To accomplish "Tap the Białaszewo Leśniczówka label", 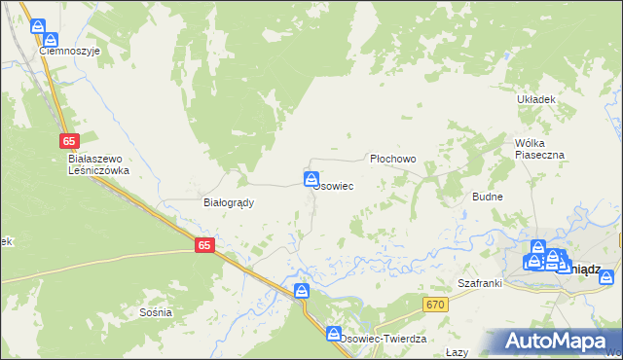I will [x=98, y=163].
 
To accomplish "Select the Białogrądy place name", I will [x=228, y=202].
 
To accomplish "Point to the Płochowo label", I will [x=393, y=159].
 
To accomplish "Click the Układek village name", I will [x=536, y=99].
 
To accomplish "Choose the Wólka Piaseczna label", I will [x=539, y=148].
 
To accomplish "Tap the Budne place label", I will [x=487, y=196].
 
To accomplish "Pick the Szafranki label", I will [x=479, y=283].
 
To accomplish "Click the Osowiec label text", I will [x=333, y=185].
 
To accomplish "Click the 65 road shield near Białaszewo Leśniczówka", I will [x=67, y=142].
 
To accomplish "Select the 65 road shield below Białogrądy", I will [x=203, y=246].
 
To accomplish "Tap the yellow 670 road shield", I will [x=435, y=306].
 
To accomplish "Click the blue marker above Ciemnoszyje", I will [x=38, y=27].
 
